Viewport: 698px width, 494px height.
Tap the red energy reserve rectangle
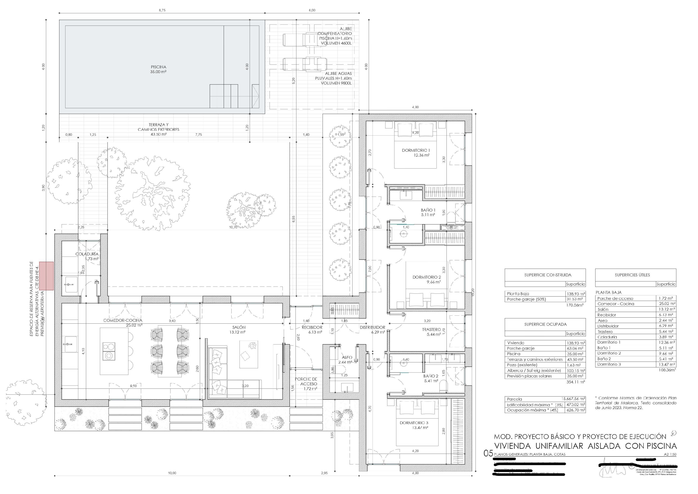(x=46, y=275)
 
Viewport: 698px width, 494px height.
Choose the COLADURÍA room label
(x=87, y=256)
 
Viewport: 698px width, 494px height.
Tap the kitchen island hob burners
(x=109, y=351)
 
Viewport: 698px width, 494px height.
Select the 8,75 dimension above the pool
(x=162, y=10)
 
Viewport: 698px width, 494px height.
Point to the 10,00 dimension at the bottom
(x=172, y=473)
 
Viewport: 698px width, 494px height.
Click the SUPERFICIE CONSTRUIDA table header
(x=545, y=275)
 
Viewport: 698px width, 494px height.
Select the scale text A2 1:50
(x=671, y=454)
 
